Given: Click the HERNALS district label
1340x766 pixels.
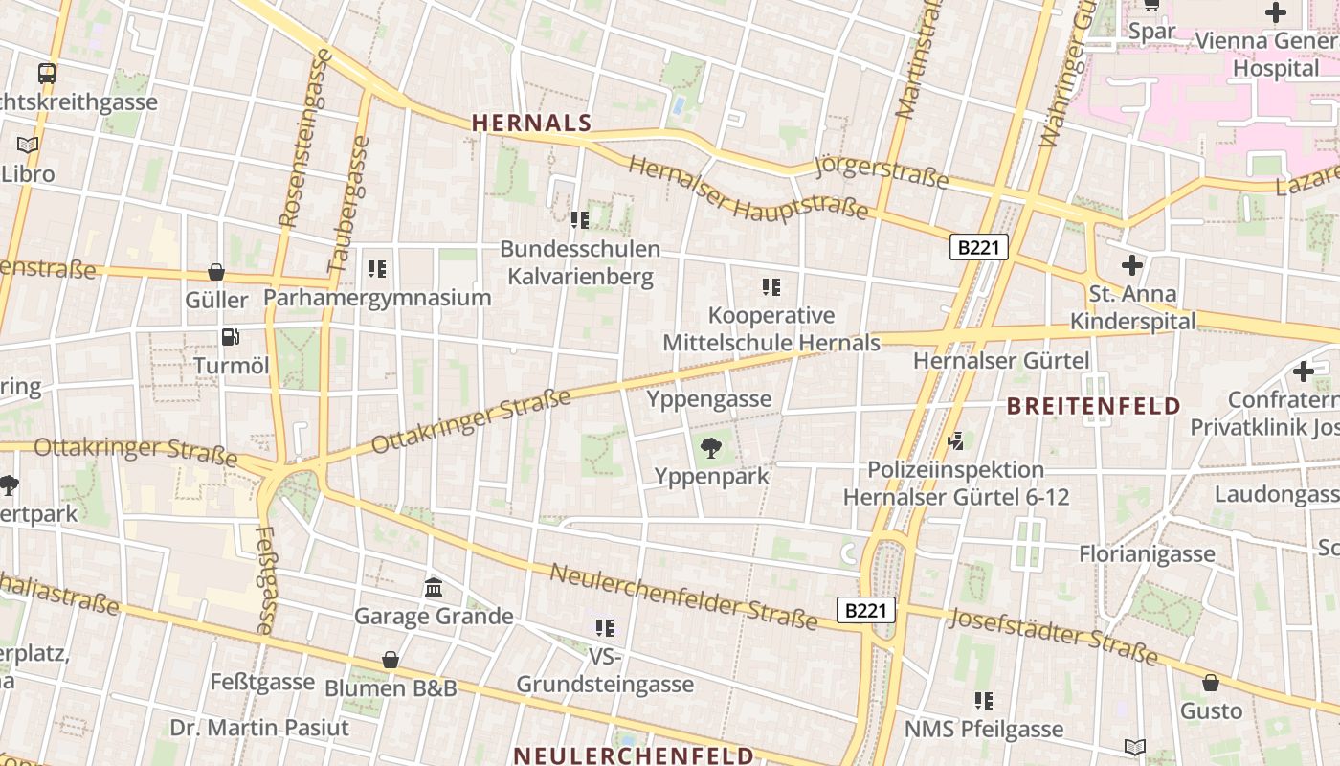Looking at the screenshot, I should tap(531, 123).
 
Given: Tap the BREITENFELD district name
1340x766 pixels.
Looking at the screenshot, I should tap(1093, 406).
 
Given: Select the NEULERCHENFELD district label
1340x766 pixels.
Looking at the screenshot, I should tap(634, 755).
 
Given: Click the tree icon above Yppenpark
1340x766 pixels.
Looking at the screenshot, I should tap(710, 446).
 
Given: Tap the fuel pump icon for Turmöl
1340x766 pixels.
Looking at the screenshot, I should tap(230, 336).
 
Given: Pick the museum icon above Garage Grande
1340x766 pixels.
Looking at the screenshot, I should tap(434, 586).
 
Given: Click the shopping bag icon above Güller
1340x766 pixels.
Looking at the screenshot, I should tap(216, 271).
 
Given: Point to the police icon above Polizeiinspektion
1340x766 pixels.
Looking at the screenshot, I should tap(954, 440).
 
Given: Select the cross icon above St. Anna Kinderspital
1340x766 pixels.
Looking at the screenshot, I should tap(1132, 264).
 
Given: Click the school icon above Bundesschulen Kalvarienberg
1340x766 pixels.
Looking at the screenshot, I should tap(579, 220).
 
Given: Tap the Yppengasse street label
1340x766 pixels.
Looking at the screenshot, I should tap(708, 399).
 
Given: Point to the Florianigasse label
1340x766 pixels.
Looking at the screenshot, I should tap(1147, 553).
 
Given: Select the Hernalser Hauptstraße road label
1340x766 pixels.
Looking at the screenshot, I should tap(748, 190).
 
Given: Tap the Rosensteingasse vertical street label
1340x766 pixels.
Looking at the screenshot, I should tap(304, 139).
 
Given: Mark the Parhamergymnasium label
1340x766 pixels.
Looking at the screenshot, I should tap(377, 298).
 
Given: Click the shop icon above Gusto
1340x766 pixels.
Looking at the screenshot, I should tap(1211, 683).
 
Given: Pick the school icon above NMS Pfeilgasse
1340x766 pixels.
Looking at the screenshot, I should tap(983, 701).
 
